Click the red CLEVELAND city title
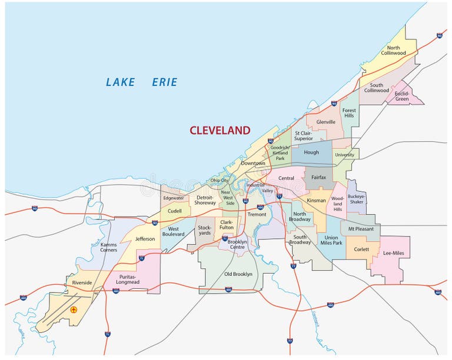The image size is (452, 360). [x=220, y=131]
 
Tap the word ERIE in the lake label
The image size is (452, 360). [x=164, y=82]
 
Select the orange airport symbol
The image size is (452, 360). [x=74, y=309]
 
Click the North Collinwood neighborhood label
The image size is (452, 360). [x=393, y=51]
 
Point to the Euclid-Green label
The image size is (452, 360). [x=401, y=96]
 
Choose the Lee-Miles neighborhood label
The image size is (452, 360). [x=394, y=252]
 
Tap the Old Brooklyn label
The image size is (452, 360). [x=238, y=274]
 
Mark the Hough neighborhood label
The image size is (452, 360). [x=311, y=152]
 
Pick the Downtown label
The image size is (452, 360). [x=253, y=163]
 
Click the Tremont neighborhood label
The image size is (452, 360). [x=257, y=214]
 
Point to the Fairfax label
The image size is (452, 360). [x=318, y=176]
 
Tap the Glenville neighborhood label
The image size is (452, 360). [x=325, y=122]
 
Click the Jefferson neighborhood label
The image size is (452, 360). [x=145, y=239]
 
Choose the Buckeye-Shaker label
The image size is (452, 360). [x=356, y=199]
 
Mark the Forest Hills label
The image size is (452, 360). [x=349, y=113]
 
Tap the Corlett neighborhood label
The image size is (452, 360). [x=361, y=249]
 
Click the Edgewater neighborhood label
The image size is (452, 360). [x=174, y=198]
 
